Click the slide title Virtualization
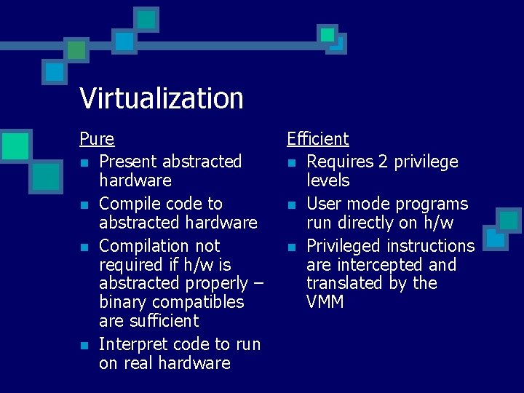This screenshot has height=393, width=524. click(161, 98)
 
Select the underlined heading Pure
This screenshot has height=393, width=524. click(97, 138)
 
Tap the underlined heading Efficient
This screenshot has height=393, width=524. click(317, 138)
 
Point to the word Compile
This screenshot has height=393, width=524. click(130, 204)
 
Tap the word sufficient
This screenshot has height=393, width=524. click(162, 321)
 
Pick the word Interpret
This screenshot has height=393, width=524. click(132, 344)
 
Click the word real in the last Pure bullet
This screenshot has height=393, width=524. click(140, 363)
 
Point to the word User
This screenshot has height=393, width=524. click(325, 204)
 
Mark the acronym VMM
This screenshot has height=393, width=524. click(325, 302)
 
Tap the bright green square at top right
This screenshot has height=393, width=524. click(327, 34)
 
